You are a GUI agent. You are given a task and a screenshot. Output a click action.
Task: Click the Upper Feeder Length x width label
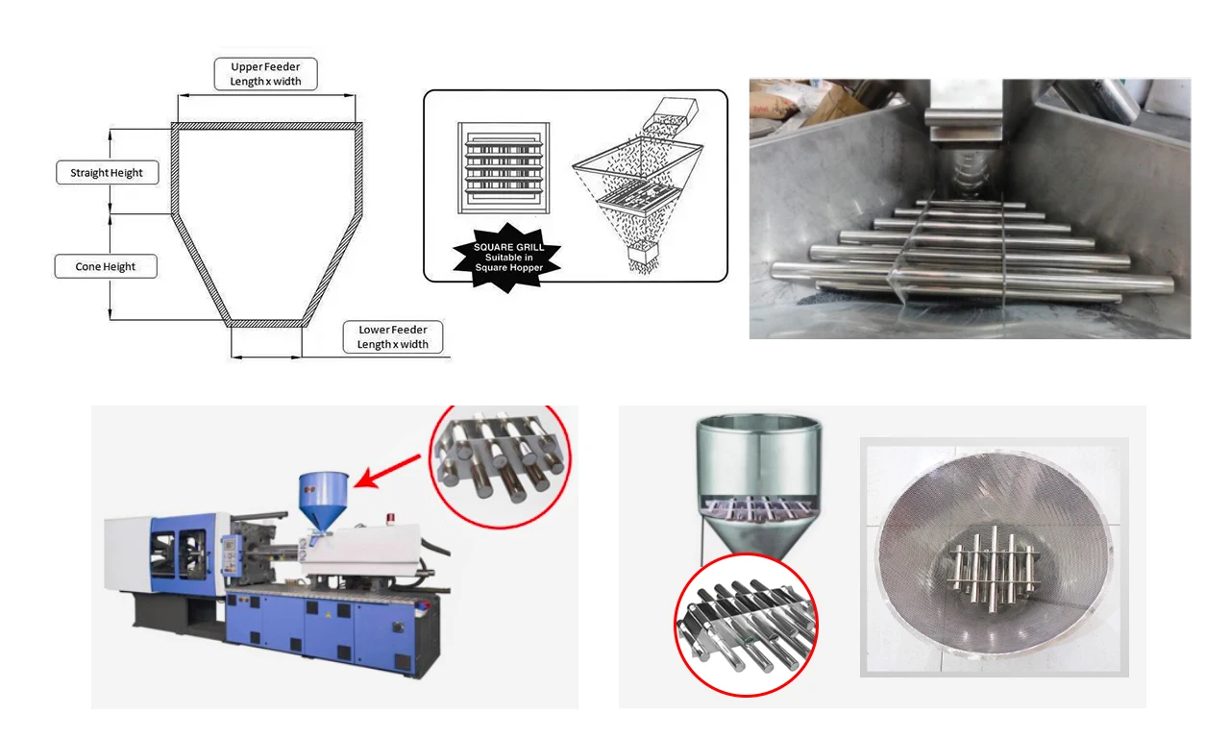coord(265,74)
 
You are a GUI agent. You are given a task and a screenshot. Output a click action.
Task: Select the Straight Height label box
coord(107,172)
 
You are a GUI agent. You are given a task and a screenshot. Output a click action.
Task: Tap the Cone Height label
coord(106,266)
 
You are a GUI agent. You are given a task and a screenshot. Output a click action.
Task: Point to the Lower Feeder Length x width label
coord(393,336)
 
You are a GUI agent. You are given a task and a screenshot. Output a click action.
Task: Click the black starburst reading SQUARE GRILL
coord(508,257)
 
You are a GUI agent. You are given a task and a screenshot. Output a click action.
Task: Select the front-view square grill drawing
coord(504,168)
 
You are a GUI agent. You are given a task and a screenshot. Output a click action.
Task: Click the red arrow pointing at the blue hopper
coord(387,471)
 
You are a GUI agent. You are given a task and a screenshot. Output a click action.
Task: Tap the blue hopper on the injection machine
coord(323,501)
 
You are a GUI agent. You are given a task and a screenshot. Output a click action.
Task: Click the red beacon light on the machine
coord(391,519)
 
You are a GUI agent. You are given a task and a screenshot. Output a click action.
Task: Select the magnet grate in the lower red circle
coord(746,626)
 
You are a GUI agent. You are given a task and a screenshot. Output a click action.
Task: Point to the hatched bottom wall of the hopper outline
coord(266,324)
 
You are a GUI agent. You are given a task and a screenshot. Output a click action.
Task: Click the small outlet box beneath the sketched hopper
coord(643,254)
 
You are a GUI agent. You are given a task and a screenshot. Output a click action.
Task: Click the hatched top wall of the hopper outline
coord(267,126)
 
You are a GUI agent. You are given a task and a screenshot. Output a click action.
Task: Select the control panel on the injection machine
coord(230,555)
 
